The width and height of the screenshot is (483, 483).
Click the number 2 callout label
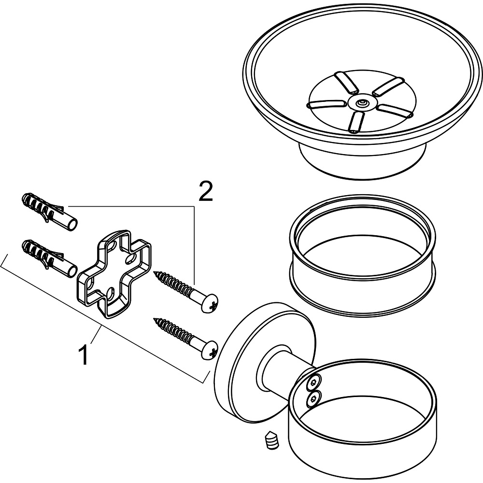[205, 192]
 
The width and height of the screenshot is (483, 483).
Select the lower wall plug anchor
[48, 256]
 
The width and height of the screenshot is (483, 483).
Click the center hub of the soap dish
[361, 102]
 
